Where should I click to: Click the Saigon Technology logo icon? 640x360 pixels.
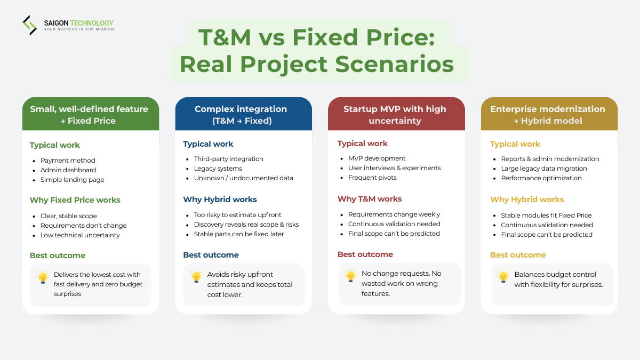pyautogui.click(x=29, y=25)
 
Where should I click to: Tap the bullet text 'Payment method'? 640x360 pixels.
pyautogui.click(x=68, y=161)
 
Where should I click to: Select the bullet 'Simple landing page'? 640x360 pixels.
pyautogui.click(x=72, y=180)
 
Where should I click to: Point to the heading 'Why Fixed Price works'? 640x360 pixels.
pyautogui.click(x=75, y=200)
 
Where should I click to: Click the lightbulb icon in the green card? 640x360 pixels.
pyautogui.click(x=43, y=277)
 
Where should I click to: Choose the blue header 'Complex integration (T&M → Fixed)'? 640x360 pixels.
pyautogui.click(x=243, y=115)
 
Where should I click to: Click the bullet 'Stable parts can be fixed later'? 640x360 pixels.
pyautogui.click(x=239, y=234)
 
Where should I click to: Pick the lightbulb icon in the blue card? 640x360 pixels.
pyautogui.click(x=196, y=277)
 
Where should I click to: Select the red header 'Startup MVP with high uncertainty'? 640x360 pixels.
pyautogui.click(x=395, y=115)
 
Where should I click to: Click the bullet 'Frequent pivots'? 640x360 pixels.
pyautogui.click(x=372, y=178)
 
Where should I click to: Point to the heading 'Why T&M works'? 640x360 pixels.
pyautogui.click(x=370, y=199)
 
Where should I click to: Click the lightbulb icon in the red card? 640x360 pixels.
pyautogui.click(x=350, y=276)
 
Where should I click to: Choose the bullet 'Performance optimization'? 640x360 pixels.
pyautogui.click(x=541, y=178)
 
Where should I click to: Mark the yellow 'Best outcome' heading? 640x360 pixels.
pyautogui.click(x=518, y=255)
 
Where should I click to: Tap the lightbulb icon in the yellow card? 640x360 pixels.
pyautogui.click(x=503, y=276)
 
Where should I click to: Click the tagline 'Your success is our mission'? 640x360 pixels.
pyautogui.click(x=78, y=29)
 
